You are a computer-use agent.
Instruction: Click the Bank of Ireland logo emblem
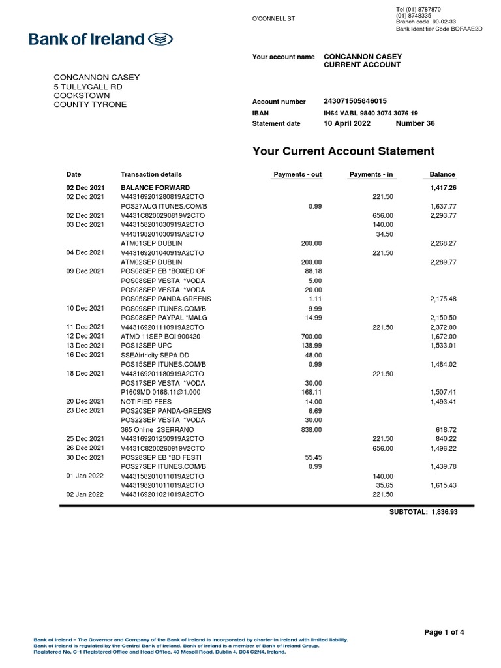tap(160, 40)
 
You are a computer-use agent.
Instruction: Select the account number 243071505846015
tap(355, 101)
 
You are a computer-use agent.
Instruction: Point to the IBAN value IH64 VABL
tap(371, 113)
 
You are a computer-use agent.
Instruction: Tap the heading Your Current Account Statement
tap(343, 151)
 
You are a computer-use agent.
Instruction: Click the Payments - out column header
tap(297, 174)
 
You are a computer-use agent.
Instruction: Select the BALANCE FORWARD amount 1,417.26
tap(442, 187)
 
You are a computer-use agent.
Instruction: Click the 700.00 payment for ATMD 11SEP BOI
tap(311, 336)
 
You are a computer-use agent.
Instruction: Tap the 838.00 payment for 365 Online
tap(311, 430)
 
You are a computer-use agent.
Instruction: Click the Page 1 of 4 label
tap(444, 632)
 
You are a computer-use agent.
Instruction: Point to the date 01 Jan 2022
tap(85, 477)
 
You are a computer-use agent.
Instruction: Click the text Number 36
tap(415, 123)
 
